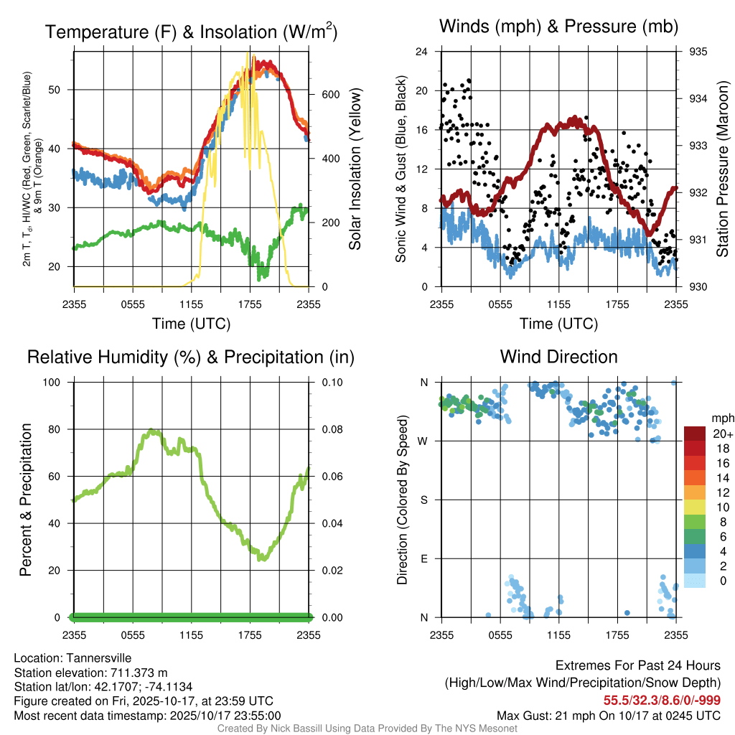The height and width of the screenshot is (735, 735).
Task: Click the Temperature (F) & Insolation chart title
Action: [191, 32]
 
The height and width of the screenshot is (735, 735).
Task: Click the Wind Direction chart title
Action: [558, 357]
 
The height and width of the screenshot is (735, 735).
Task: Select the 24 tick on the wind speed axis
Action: [422, 52]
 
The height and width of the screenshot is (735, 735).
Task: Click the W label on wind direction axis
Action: [423, 441]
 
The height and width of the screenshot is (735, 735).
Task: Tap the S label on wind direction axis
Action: [424, 500]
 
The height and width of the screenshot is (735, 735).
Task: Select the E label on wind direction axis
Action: [424, 558]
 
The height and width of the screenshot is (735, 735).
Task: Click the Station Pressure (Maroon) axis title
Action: [723, 169]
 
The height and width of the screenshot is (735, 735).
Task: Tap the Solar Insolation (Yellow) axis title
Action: [355, 169]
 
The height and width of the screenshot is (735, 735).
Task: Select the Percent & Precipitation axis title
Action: [25, 500]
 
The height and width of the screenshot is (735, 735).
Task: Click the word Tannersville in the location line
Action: [102, 657]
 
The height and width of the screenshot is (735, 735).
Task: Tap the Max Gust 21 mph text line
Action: [609, 716]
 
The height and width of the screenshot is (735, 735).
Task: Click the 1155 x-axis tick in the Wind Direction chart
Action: [558, 635]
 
